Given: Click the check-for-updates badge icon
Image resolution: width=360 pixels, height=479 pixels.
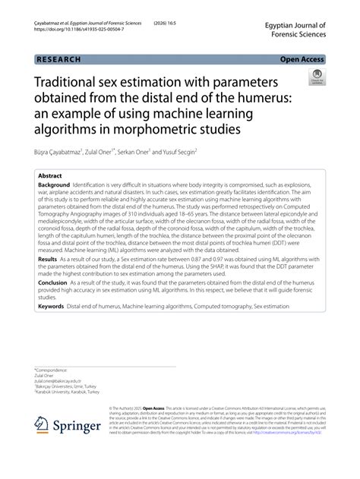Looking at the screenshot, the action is tap(316, 78).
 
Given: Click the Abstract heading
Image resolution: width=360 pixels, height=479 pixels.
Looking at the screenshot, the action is tap(51, 174).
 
